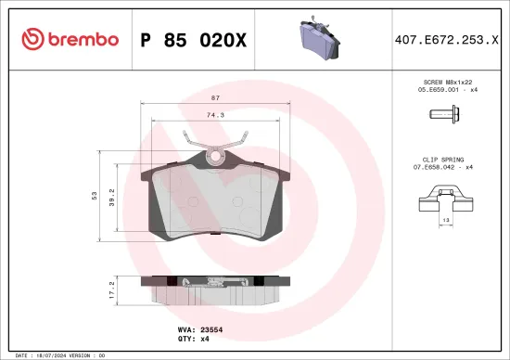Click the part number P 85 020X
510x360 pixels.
pos(192,39)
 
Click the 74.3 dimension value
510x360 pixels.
pos(214,115)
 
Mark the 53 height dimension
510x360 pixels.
pos(94,195)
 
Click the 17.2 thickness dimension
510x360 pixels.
pos(113,289)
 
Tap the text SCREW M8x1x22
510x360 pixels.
pos(448,84)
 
